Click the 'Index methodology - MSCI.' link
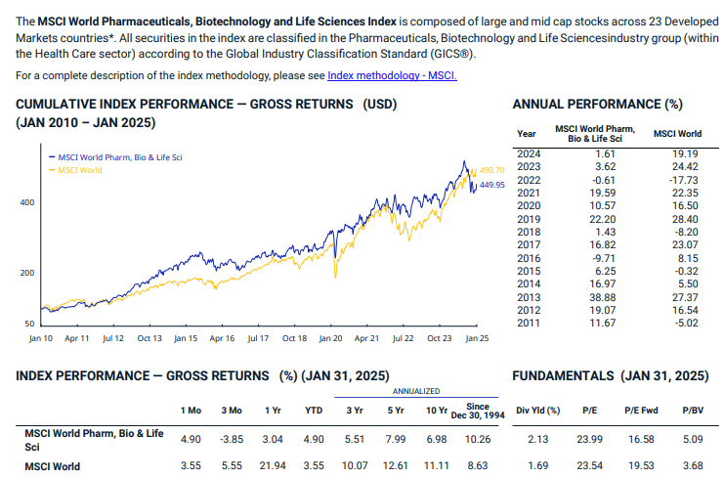coord(392,75)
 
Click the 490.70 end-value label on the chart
coord(492,171)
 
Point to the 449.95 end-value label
coord(492,184)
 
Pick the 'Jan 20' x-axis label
coord(330,337)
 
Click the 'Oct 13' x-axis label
coord(149,337)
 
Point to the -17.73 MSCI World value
coord(685,180)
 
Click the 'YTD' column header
coord(314,411)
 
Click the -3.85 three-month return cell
coord(232,440)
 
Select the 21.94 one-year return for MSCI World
coord(273,466)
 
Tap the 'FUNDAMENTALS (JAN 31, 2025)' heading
coord(610,375)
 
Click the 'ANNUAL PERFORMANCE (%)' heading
coord(597,105)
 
